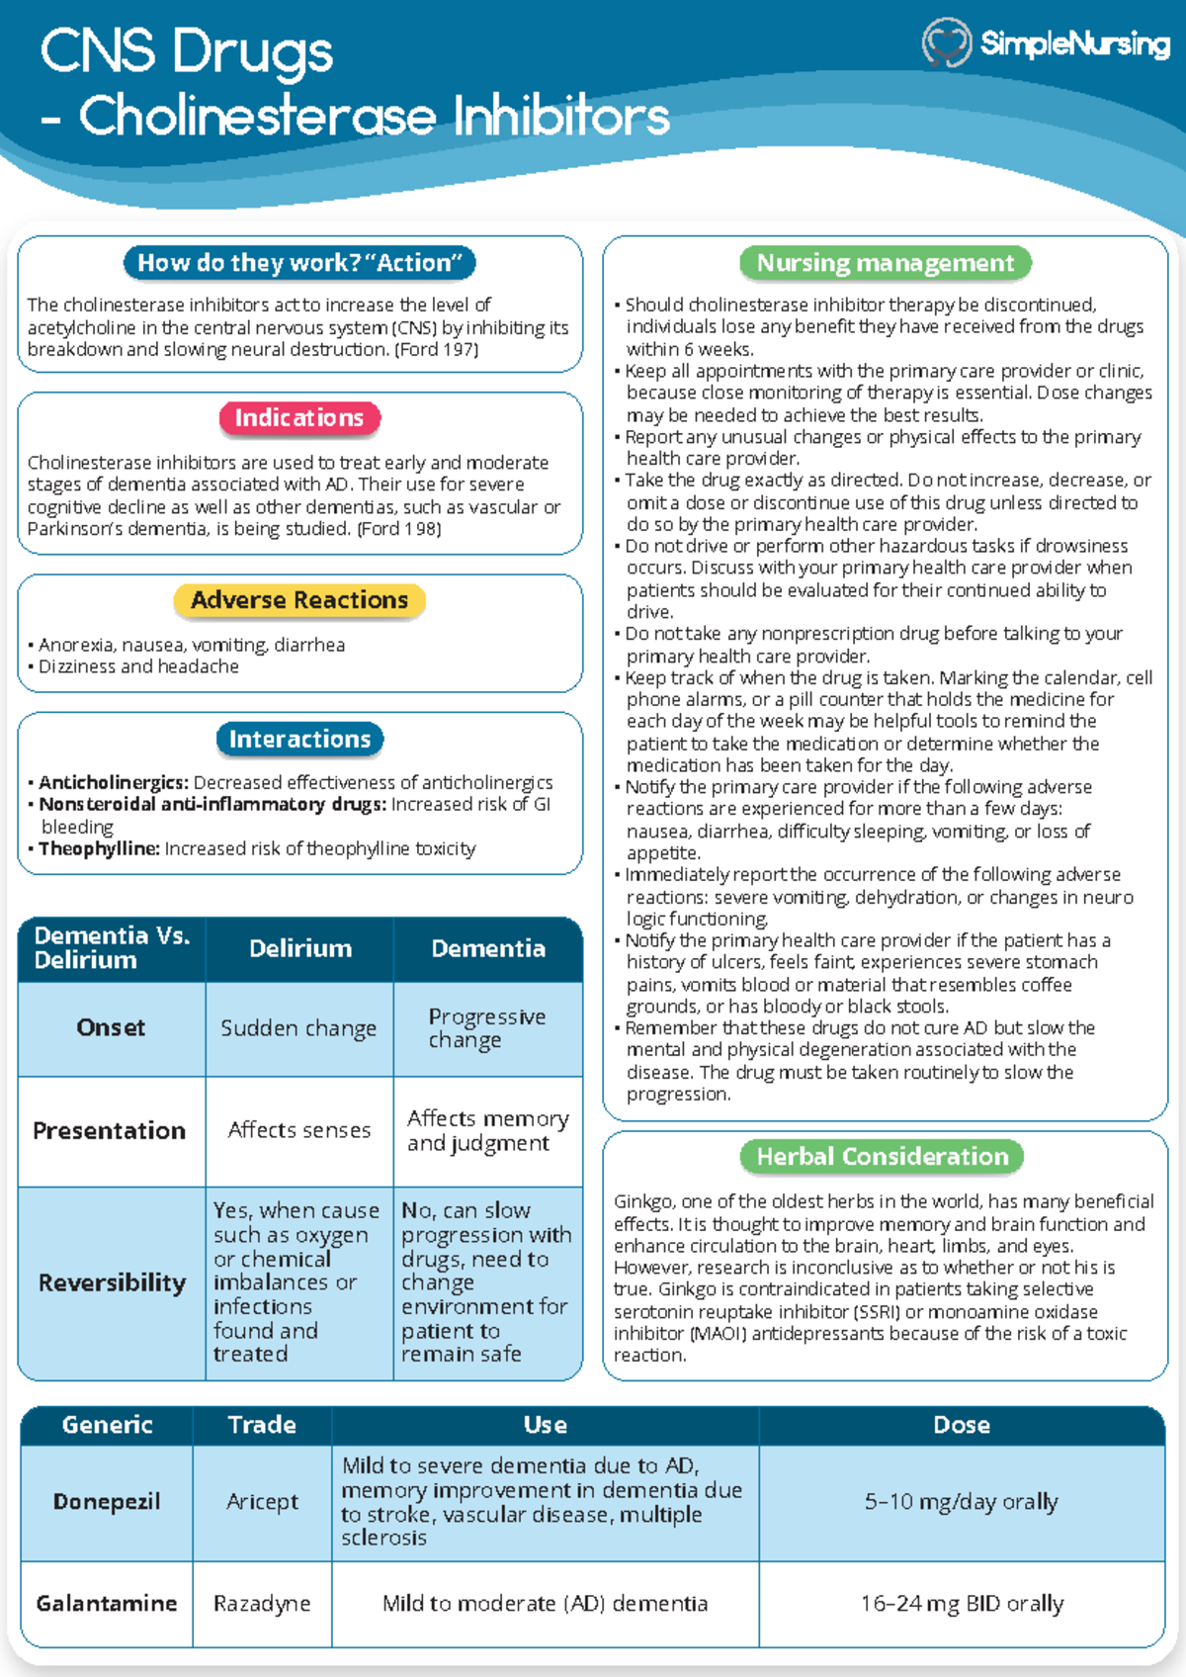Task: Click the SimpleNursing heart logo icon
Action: [946, 44]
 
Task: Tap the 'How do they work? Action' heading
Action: [299, 263]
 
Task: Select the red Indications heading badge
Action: [299, 418]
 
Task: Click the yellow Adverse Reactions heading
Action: [299, 600]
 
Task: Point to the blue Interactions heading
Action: [299, 739]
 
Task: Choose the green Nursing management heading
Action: [886, 263]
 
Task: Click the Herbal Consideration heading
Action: [882, 1157]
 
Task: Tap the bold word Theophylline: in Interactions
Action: [99, 848]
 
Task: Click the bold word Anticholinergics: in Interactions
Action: [113, 782]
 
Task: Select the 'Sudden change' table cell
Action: [298, 1028]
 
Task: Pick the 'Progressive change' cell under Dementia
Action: [486, 1028]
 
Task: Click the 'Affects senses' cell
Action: [298, 1130]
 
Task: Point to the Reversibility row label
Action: [112, 1282]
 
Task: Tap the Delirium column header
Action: [299, 948]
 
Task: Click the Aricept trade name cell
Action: [262, 1502]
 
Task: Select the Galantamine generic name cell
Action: [107, 1603]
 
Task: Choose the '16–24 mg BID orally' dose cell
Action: [962, 1603]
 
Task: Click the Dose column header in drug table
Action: [962, 1425]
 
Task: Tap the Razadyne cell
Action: [262, 1603]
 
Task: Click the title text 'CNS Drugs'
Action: [187, 51]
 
